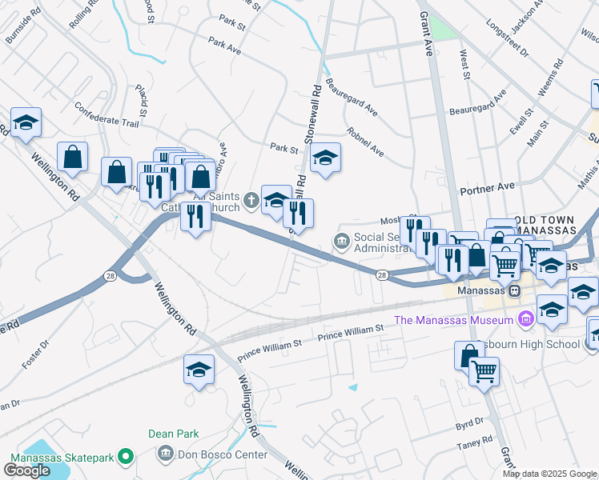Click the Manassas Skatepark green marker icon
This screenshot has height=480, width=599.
click(125, 457)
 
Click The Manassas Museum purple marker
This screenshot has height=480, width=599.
click(526, 320)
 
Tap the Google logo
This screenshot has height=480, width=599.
click(27, 470)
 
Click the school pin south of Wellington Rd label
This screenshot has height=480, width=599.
click(199, 370)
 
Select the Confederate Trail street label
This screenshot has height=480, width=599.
click(107, 114)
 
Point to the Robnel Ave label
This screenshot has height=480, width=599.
click(365, 142)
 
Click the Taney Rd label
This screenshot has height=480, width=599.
click(476, 442)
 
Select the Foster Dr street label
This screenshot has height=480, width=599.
click(36, 353)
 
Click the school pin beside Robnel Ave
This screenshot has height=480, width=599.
click(325, 158)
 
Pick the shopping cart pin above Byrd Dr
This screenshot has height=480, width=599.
click(484, 370)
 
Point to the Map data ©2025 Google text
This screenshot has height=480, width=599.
click(549, 474)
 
